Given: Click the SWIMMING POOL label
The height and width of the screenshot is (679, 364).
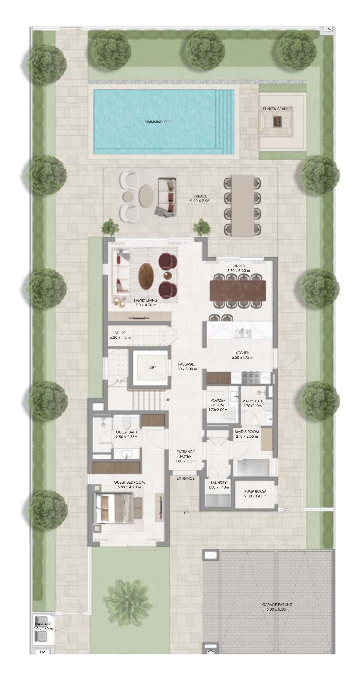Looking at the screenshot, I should (x=159, y=122).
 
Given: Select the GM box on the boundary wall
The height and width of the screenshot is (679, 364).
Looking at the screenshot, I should (x=327, y=29).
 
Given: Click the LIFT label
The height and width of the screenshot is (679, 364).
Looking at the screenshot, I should (x=153, y=367).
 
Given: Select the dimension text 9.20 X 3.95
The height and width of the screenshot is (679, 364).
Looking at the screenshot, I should (x=199, y=201).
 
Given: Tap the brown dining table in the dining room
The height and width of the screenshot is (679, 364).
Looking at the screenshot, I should (x=238, y=290).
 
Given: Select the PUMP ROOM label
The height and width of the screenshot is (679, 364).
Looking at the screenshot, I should (x=255, y=491).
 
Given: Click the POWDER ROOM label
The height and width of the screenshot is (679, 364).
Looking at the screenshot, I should (x=218, y=402).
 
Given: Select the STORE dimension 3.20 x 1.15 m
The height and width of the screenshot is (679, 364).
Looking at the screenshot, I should (x=120, y=337).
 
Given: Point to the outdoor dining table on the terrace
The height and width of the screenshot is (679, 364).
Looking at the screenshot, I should (x=242, y=206).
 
